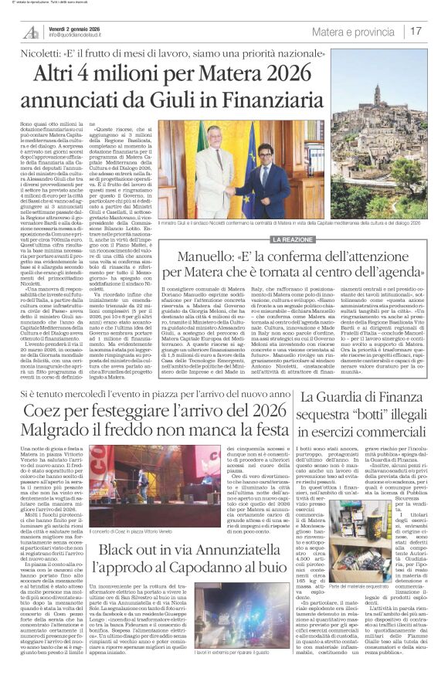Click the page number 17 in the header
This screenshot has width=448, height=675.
click(x=416, y=32)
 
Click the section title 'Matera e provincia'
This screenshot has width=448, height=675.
click(x=353, y=32)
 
